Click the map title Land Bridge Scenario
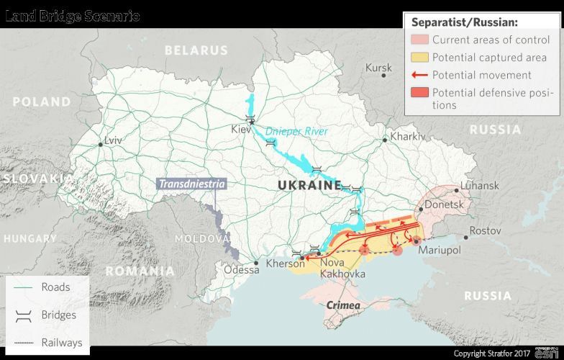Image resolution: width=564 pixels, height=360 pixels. pyautogui.click(x=73, y=16)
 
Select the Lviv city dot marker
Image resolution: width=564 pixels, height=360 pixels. pyautogui.click(x=100, y=144)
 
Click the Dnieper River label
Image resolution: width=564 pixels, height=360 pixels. pyautogui.click(x=296, y=131)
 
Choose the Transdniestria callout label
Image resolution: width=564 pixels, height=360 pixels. pyautogui.click(x=192, y=184)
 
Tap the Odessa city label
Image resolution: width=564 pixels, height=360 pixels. pyautogui.click(x=242, y=270)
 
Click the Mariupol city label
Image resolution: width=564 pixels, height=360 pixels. pyautogui.click(x=439, y=251)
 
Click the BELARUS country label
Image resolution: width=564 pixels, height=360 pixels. pyautogui.click(x=196, y=50)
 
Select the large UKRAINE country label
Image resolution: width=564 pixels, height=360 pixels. pyautogui.click(x=309, y=186)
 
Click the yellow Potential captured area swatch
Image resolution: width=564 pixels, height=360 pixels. pyautogui.click(x=419, y=57)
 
